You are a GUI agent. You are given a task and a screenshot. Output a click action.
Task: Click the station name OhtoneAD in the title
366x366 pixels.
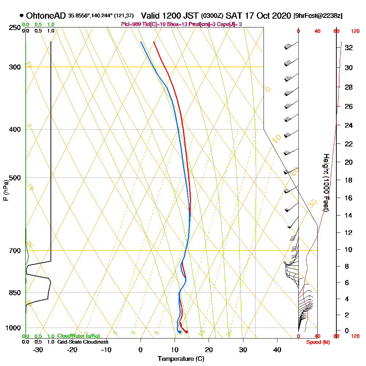pyautogui.click(x=46, y=16)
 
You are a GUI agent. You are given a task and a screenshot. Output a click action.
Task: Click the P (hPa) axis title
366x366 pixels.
pyautogui.click(x=5, y=190)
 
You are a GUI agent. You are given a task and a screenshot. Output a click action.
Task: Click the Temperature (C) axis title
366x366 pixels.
pyautogui.click(x=181, y=359)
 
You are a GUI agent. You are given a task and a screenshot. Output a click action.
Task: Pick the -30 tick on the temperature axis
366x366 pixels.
pyautogui.click(x=38, y=350)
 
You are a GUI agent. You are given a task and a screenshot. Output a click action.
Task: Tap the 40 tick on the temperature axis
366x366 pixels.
pyautogui.click(x=277, y=350)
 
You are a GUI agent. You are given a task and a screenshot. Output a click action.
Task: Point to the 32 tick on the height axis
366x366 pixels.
pyautogui.click(x=348, y=48)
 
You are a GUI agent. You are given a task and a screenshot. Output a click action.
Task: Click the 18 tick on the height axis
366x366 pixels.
pyautogui.click(x=348, y=180)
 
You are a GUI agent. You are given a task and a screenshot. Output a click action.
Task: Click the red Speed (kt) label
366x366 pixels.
pyautogui.click(x=316, y=342)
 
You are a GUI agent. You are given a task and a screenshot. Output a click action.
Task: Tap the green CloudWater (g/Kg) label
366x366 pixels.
pyautogui.click(x=78, y=336)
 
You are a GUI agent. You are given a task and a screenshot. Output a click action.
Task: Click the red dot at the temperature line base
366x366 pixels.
pyautogui.click(x=187, y=332)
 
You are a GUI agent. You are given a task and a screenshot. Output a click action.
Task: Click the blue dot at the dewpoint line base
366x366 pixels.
pyautogui.click(x=180, y=332)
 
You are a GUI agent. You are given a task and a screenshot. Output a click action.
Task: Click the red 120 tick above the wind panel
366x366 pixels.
pyautogui.click(x=355, y=31)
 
